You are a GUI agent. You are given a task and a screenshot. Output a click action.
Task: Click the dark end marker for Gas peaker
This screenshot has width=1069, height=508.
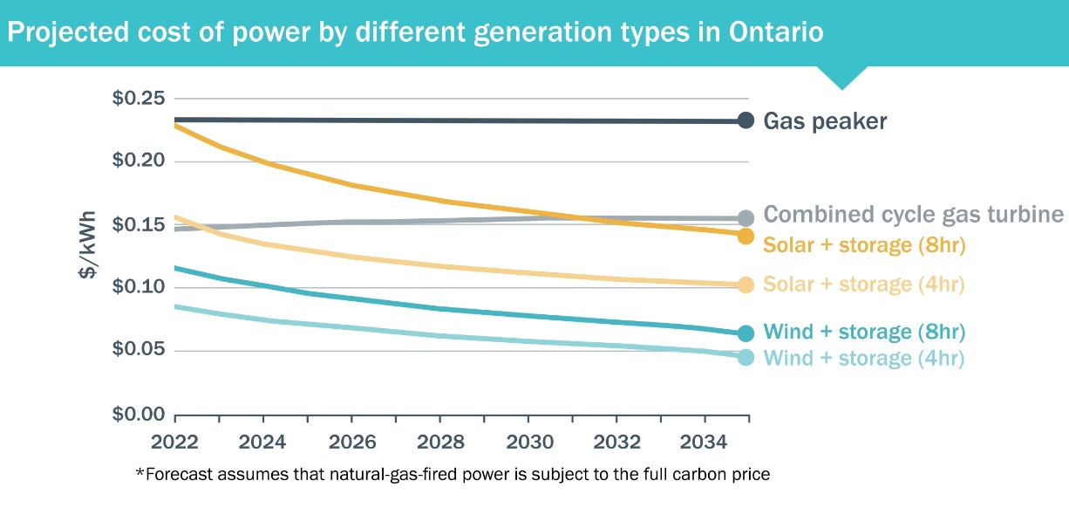click(x=746, y=120)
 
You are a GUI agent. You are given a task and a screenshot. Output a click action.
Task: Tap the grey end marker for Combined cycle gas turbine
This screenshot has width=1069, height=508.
click(x=746, y=218)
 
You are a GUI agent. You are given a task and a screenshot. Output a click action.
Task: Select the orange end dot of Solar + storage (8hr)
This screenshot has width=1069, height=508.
click(x=746, y=236)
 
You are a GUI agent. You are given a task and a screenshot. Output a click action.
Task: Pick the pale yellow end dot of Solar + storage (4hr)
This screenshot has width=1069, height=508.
click(x=746, y=285)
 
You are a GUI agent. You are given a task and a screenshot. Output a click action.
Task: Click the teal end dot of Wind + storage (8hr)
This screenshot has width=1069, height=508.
click(x=746, y=333)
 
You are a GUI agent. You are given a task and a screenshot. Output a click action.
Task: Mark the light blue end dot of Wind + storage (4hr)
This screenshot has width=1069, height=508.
click(x=746, y=357)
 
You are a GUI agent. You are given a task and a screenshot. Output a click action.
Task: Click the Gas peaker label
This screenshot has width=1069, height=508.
click(x=825, y=121)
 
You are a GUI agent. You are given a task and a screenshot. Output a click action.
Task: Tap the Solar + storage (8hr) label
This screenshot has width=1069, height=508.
click(x=865, y=245)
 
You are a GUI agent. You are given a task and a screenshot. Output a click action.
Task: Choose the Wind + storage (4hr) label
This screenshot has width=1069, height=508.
click(x=863, y=358)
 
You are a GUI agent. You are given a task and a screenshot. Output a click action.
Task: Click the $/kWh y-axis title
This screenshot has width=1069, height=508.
click(x=88, y=257)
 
